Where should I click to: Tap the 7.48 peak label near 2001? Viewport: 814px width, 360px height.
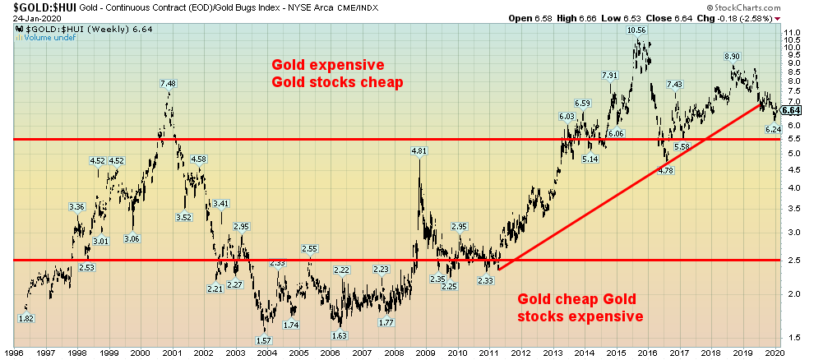point(168,83)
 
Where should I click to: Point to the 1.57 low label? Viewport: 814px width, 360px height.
point(265,340)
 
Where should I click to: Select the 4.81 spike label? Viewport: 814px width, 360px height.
point(419,150)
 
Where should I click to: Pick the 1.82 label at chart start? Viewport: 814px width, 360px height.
point(26,318)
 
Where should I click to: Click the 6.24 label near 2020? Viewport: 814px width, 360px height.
point(774,130)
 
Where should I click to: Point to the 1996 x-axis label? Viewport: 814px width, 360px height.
point(15,351)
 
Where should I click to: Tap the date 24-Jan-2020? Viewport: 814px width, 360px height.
point(29,17)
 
